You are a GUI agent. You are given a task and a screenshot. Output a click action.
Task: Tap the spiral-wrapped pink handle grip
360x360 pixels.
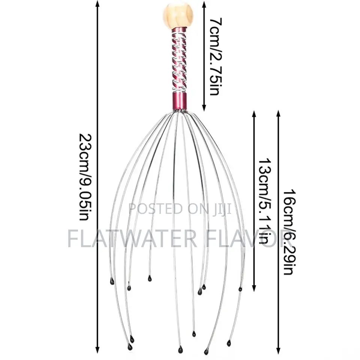pyautogui.click(x=179, y=60)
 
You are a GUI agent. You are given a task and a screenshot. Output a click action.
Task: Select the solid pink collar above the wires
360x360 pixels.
pyautogui.click(x=179, y=100)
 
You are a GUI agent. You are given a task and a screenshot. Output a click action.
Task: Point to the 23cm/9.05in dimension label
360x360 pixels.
pyautogui.click(x=85, y=177)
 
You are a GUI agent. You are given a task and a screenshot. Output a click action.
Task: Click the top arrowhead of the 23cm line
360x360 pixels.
pyautogui.click(x=97, y=4)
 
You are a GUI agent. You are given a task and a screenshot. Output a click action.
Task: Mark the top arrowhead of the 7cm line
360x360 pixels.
pyautogui.click(x=204, y=4)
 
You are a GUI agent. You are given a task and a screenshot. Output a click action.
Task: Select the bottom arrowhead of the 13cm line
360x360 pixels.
pyautogui.click(x=254, y=288)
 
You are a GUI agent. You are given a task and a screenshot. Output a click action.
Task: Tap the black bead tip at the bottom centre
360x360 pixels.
pyautogui.click(x=180, y=350)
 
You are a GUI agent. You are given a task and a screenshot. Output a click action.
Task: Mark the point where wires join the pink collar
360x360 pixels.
pyautogui.click(x=179, y=111)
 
